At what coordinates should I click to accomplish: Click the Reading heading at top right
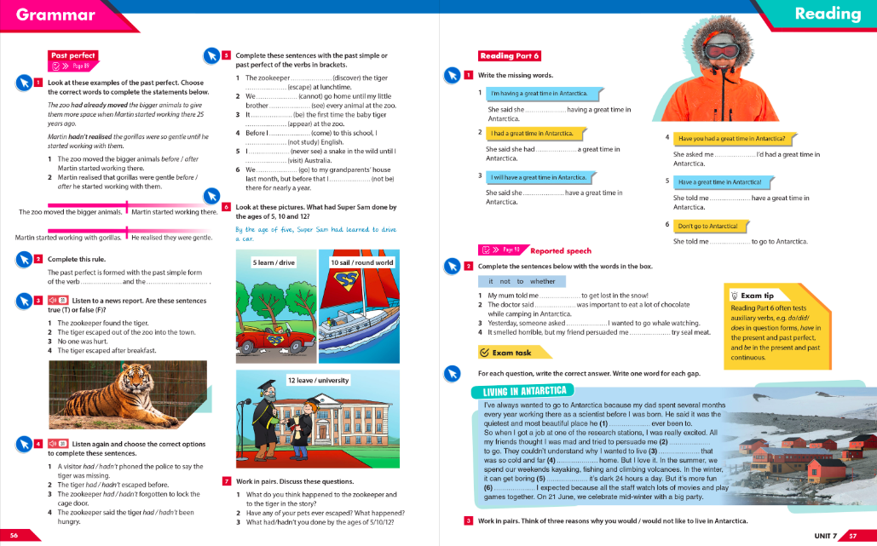click(x=827, y=14)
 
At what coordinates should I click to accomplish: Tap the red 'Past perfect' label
click(x=73, y=55)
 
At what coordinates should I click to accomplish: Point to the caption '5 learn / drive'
click(x=274, y=262)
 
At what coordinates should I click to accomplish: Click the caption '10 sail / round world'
click(x=361, y=262)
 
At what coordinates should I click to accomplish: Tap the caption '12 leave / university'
click(x=317, y=380)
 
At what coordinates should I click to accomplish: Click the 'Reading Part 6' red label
click(x=510, y=56)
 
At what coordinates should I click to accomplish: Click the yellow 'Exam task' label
click(x=506, y=352)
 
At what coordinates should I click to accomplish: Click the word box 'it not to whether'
click(x=516, y=281)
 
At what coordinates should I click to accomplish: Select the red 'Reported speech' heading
click(x=560, y=251)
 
